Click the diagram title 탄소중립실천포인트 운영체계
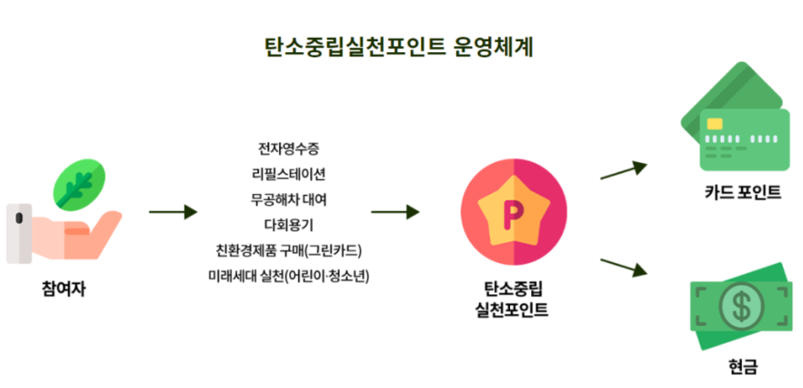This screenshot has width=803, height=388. point(398,47)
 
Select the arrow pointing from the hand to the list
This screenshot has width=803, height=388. point(173,212)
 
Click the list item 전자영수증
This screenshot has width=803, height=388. point(288,148)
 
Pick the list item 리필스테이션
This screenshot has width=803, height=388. point(288,174)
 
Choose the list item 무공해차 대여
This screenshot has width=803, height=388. point(288,200)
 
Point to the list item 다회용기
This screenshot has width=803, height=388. point(288,225)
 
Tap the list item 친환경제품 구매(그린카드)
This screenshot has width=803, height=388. point(288,251)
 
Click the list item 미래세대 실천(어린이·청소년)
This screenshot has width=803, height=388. point(288,276)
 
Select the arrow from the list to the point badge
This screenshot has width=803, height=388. point(395,212)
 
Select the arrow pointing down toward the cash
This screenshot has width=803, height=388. point(624,267)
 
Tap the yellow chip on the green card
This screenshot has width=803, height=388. point(714,124)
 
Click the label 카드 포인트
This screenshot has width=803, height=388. point(743,192)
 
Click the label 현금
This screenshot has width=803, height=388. point(743,367)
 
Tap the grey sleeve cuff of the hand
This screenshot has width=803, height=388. point(18,233)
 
